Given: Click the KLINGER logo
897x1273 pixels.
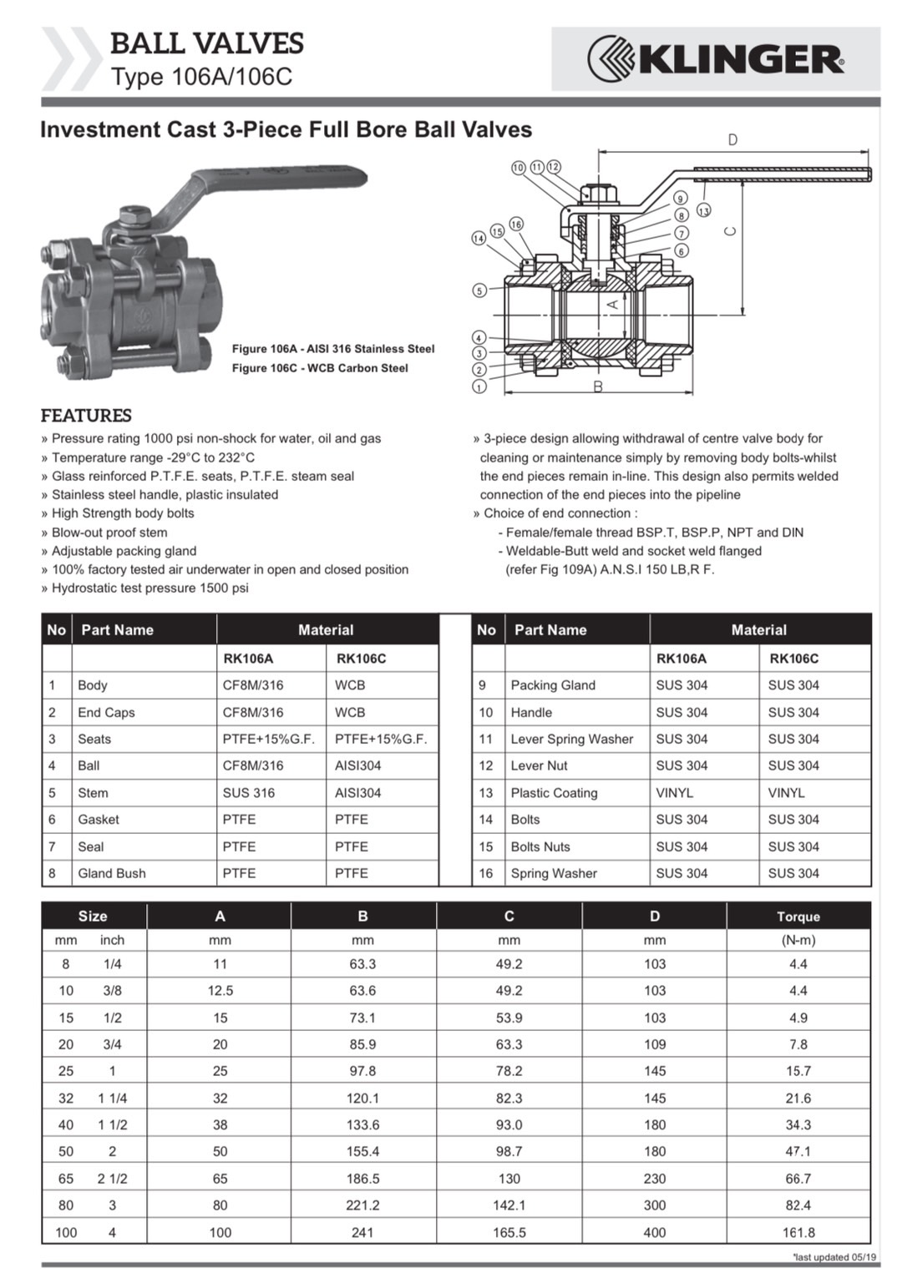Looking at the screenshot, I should tap(716, 58).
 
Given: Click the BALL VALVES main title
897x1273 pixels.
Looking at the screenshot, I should tap(207, 43).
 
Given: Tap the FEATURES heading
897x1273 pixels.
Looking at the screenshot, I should tap(86, 416).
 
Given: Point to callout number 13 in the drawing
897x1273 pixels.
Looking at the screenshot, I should tap(704, 211).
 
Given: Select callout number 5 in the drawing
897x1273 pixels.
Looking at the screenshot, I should tap(479, 290).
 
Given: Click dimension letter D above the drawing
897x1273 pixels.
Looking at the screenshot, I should tap(732, 140).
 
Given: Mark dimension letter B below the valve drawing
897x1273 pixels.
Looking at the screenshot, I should tap(598, 386).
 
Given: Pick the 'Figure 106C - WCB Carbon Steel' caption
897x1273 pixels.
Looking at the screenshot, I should tap(320, 368).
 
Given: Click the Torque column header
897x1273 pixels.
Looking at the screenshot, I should tap(798, 917).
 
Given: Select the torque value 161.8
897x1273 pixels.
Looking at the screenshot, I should tap(798, 1232).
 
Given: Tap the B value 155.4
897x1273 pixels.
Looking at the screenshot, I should tap(362, 1151).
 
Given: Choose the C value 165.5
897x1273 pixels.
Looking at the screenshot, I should tap(509, 1232).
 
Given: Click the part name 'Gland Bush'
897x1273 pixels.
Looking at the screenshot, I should tap(112, 873).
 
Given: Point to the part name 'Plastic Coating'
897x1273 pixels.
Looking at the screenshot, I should tap(554, 793).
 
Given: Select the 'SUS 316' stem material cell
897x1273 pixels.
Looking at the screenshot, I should tap(248, 793).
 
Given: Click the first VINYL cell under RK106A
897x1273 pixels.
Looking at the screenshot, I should tap(674, 793).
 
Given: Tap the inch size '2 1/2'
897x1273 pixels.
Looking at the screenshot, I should tap(112, 1179).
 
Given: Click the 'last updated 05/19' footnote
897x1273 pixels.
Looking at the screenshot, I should tap(834, 1257).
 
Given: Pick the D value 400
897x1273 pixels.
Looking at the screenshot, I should tap(654, 1232).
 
